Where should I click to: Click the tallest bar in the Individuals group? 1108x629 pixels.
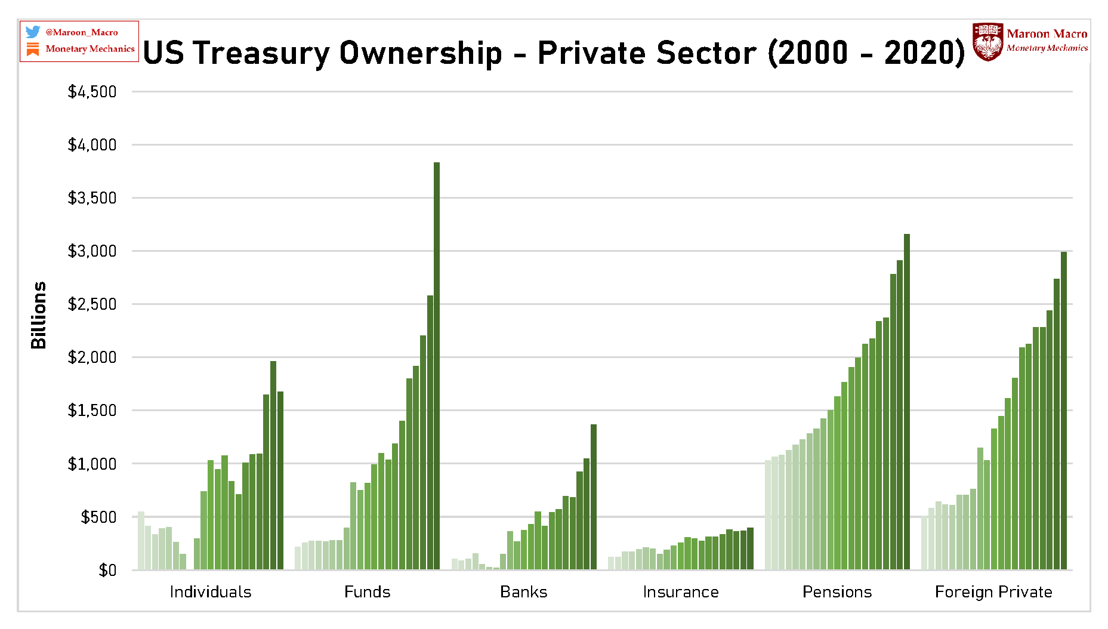pos(273,465)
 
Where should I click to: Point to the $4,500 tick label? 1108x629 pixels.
pos(92,92)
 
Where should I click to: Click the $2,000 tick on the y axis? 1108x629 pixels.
pos(92,357)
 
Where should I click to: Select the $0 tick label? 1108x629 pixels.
pos(107,571)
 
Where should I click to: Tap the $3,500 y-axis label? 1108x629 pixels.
pos(92,198)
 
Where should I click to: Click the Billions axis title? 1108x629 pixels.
pos(38,314)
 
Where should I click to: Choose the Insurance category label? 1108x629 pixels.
pos(680,592)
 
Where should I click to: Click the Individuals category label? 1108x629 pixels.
pos(210,592)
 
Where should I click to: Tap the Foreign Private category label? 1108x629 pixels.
pos(993,592)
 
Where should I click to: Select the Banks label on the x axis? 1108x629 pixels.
pos(523,592)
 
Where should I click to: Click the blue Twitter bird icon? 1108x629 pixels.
pos(33,32)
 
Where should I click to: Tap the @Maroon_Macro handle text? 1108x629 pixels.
pos(82,32)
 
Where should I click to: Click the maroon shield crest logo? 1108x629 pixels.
pos(987,42)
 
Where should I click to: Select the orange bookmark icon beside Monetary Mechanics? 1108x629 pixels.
pos(33,49)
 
